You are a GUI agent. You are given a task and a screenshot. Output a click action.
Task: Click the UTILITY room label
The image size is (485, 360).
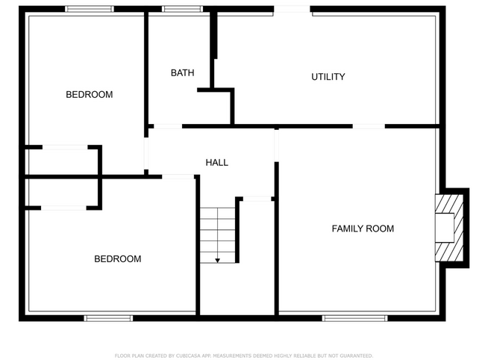click(328, 76)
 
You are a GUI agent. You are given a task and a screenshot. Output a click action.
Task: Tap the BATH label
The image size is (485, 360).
click(182, 72)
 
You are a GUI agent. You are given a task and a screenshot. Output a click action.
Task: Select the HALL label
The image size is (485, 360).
click(216, 162)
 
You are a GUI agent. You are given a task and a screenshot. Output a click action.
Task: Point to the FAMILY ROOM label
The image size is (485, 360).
click(363, 229)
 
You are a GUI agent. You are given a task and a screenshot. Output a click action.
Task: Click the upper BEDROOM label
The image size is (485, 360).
click(90, 94)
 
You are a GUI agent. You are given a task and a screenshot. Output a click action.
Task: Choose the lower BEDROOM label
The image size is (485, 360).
click(117, 259)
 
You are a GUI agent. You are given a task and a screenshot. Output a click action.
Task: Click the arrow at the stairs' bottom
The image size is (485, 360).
click(218, 259)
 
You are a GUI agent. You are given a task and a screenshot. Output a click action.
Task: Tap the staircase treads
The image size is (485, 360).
click(217, 232)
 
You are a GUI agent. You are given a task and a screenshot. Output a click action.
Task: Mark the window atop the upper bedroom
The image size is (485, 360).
click(89, 9)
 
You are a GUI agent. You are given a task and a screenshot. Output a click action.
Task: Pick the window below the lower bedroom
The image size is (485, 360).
click(108, 318)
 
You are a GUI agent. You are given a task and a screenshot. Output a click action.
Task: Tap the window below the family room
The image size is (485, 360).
click(354, 318)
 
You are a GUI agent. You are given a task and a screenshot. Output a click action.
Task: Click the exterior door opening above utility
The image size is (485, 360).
click(292, 9)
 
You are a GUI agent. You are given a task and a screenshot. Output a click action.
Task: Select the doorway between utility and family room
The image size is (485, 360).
click(369, 126)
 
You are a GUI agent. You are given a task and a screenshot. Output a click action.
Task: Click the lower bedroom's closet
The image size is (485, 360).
click(63, 193)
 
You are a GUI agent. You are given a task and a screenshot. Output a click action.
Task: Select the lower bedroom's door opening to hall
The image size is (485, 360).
click(178, 176)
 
